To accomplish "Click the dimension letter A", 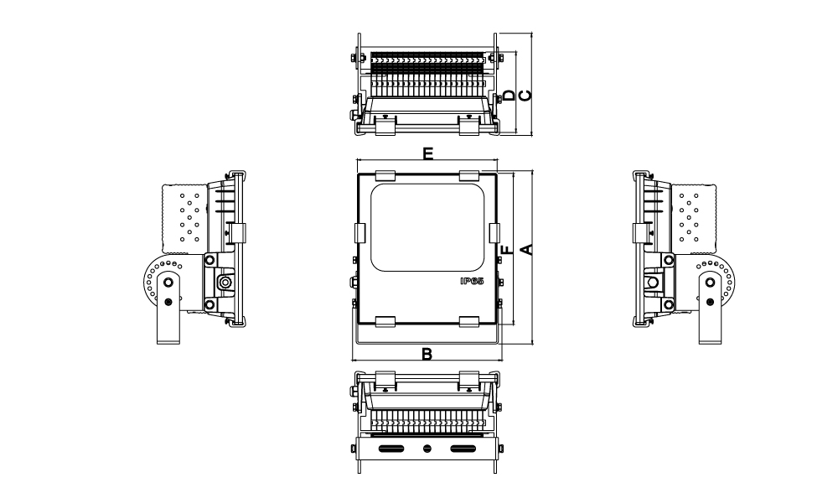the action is (x=526, y=249).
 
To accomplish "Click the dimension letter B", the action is (x=427, y=354).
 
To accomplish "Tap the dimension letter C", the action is (x=526, y=96).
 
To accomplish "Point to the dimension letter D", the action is (x=510, y=96).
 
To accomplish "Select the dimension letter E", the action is (x=427, y=153).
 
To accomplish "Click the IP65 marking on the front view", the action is (x=472, y=281).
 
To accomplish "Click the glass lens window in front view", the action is (x=427, y=227).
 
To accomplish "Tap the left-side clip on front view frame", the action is (x=360, y=234).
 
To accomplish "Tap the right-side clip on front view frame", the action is (x=494, y=234).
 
